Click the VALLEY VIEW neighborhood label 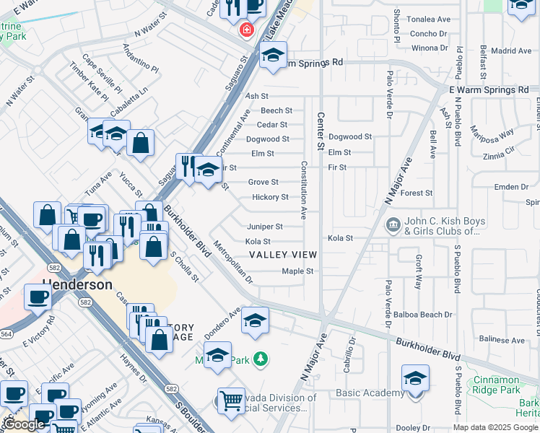pos(282,255)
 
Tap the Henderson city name pos(77,284)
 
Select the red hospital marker pos(247,30)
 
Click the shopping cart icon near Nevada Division pos(230,399)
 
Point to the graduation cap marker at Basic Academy pos(415,379)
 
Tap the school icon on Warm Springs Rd pos(273,56)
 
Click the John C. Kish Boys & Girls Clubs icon pos(393,224)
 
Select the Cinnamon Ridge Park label pos(497,385)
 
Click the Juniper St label pos(265,227)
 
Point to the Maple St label pos(298,271)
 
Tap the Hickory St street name pos(270,197)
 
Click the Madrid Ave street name pos(514,51)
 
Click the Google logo pos(24,424)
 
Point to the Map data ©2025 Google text pos(495,427)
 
